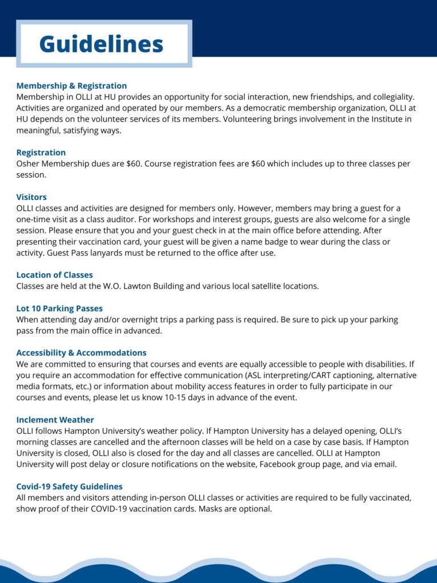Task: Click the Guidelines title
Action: tap(101, 44)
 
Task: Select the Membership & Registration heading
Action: tap(72, 86)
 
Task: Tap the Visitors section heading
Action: tap(31, 197)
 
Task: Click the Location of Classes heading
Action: tap(55, 275)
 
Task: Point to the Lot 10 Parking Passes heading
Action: tap(60, 309)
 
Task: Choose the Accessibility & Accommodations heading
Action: tap(81, 353)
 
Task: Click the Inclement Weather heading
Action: tap(55, 420)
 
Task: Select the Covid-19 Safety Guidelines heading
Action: tap(69, 487)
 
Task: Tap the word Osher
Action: tap(29, 164)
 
